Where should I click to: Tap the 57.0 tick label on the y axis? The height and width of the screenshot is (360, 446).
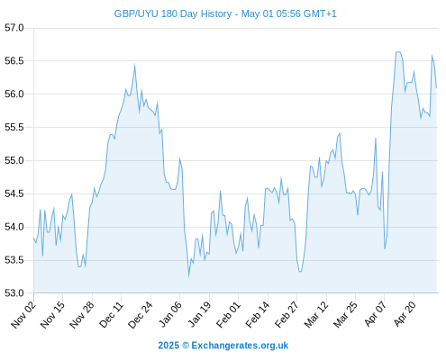(x=14, y=28)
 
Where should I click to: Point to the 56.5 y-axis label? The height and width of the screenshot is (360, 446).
(x=14, y=61)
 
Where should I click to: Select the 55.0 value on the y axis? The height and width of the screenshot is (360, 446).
(x=14, y=160)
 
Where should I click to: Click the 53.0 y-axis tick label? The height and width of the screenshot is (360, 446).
(x=14, y=292)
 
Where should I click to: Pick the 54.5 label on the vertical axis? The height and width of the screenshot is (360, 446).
(x=14, y=193)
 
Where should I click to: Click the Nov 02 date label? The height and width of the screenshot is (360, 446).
(x=23, y=314)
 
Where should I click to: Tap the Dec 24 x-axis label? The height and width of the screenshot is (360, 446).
(x=141, y=314)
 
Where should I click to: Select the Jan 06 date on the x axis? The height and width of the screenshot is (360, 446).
(x=169, y=314)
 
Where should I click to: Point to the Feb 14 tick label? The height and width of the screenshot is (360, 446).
(x=258, y=314)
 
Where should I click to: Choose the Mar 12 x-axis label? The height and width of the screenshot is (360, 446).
(x=316, y=314)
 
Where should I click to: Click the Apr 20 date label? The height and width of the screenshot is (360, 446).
(x=405, y=313)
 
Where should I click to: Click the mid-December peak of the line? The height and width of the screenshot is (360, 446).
(x=134, y=65)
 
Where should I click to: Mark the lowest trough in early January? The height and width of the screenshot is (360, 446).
(x=188, y=276)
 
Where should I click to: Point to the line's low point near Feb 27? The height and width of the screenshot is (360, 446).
(x=300, y=272)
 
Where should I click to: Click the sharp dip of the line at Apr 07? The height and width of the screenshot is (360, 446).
(x=385, y=248)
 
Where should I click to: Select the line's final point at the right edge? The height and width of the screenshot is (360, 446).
(x=436, y=87)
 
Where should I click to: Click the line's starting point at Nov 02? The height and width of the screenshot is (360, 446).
(x=33, y=238)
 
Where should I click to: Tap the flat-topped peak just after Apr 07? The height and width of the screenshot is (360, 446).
(x=398, y=52)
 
